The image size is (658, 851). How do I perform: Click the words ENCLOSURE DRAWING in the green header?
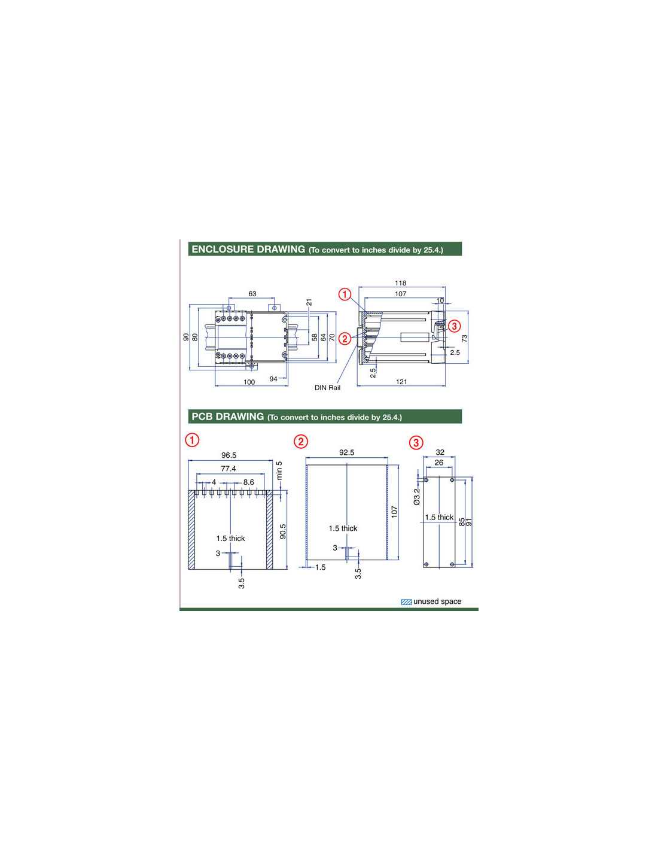coord(248,249)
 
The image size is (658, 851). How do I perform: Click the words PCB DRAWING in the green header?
coord(228,417)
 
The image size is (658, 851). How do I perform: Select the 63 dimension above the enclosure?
coord(252,294)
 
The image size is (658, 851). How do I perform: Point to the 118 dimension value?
coord(400,282)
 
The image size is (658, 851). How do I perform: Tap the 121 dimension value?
coord(401,381)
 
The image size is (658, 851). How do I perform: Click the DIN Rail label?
coord(327,388)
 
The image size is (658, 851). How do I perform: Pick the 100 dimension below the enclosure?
coord(249,382)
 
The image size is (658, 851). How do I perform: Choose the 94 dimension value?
coord(273,379)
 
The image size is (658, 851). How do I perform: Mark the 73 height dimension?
coord(465,338)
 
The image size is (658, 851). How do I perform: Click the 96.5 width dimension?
coord(229,455)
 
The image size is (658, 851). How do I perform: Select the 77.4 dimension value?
coord(228,469)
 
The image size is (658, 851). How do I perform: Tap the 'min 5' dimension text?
coord(279,470)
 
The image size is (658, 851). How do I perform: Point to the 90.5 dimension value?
coord(283,531)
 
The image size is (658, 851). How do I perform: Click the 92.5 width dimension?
coord(347,452)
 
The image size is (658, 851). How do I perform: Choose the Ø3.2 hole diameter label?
coord(417,497)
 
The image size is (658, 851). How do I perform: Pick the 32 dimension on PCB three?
coord(440,452)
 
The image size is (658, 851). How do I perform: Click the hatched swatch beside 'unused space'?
coord(406,602)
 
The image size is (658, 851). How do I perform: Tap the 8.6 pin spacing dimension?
coord(249,482)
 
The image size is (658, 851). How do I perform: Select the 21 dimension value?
coord(309,302)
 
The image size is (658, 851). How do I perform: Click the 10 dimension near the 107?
coord(440,300)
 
